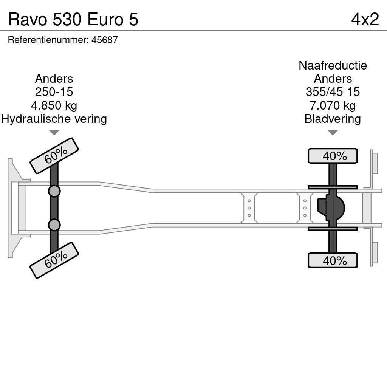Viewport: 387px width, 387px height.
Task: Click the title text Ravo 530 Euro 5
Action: [x=73, y=19]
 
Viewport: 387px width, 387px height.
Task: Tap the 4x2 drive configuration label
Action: [x=365, y=19]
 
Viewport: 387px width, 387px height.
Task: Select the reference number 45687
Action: [x=105, y=40]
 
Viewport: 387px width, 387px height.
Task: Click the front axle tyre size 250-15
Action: [x=54, y=92]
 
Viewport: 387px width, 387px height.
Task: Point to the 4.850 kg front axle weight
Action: [x=54, y=105]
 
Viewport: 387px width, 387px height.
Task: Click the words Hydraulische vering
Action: [x=54, y=119]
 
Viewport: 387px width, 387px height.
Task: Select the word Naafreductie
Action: [x=333, y=65]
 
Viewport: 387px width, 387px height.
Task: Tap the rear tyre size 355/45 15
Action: [x=333, y=92]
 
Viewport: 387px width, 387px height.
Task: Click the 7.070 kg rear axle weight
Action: [x=333, y=105]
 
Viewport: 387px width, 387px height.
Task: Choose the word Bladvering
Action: [x=333, y=119]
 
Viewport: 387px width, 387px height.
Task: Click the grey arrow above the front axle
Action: [x=54, y=133]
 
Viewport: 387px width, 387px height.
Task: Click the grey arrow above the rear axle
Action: [x=333, y=133]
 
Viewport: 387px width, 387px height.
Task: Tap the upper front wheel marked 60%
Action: [x=54, y=156]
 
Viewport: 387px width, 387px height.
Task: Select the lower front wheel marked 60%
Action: [x=54, y=260]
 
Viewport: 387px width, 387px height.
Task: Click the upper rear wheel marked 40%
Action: [x=333, y=156]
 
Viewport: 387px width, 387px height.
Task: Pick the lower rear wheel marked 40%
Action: [x=333, y=260]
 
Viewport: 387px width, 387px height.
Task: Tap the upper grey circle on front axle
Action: [x=54, y=191]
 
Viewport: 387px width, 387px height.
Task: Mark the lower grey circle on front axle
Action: [x=54, y=225]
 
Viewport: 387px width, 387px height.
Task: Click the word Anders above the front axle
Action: [x=54, y=79]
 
